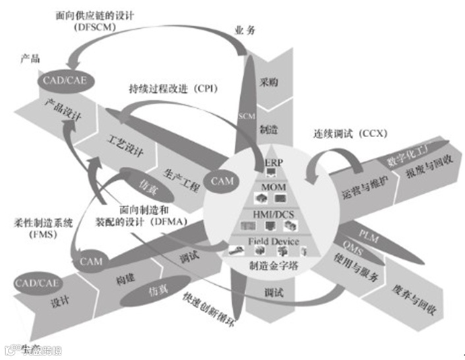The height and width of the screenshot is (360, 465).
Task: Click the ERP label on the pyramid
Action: coord(272,162)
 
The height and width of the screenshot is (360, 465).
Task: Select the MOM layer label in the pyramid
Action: coord(272,189)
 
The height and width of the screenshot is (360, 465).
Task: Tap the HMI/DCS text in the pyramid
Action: coord(272,214)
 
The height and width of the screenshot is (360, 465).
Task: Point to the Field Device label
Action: coord(272,241)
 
